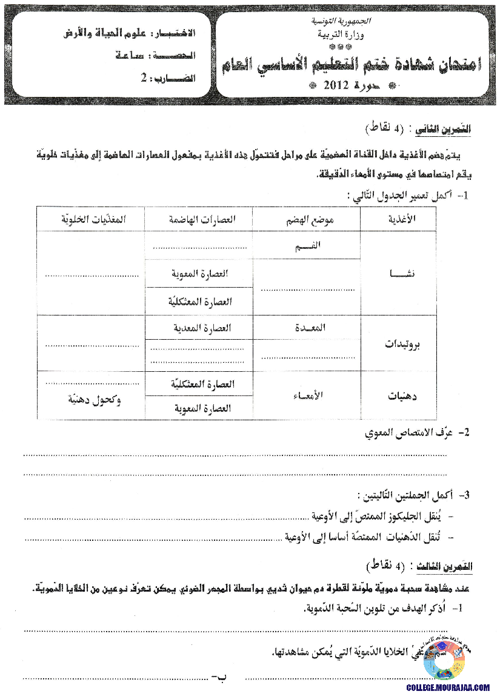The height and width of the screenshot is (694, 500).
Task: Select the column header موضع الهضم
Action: click(306, 219)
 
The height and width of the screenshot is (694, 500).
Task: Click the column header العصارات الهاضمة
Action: click(199, 219)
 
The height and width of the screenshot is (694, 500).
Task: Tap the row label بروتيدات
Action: click(403, 343)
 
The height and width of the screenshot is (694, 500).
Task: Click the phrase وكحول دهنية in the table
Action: click(91, 400)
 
